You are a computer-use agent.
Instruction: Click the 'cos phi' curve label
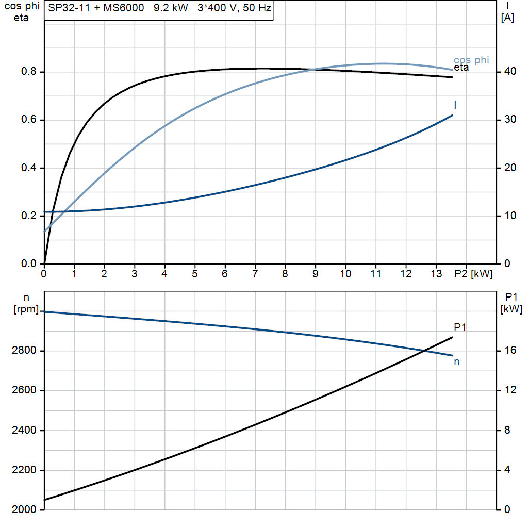click(x=471, y=60)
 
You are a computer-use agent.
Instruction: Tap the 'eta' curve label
click(x=461, y=68)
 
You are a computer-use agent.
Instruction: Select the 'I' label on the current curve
click(x=455, y=105)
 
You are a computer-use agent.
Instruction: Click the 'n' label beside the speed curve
click(x=456, y=362)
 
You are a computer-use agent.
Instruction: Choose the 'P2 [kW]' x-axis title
click(x=473, y=274)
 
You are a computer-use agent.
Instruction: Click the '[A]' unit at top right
click(x=508, y=18)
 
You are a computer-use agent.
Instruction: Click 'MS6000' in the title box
click(x=123, y=9)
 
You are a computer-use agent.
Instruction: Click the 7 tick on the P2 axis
click(x=255, y=274)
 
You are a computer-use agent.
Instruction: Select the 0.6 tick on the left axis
click(x=28, y=120)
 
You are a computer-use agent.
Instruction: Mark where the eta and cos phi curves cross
click(x=315, y=70)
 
